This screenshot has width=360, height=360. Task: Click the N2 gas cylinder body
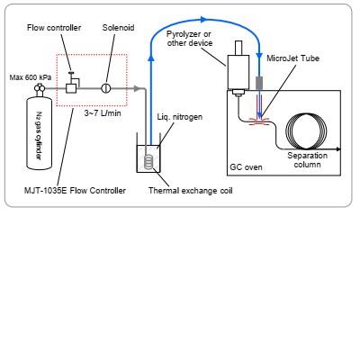pos(39,133)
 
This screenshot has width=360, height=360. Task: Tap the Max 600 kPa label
pos(31,77)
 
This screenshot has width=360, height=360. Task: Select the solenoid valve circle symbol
pos(105,88)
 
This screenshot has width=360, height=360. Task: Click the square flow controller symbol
pos(71,88)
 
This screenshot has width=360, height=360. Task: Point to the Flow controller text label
pos(54,28)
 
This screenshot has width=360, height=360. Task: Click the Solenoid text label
pos(118,28)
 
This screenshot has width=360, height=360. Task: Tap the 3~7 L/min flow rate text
pos(103,113)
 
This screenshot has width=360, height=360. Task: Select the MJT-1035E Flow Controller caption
pos(75,190)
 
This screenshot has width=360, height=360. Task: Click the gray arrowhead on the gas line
pos(137,88)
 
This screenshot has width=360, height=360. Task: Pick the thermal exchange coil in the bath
pos(148,161)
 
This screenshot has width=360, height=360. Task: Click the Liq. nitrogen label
pos(180,117)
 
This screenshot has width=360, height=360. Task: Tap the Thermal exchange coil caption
pos(191,191)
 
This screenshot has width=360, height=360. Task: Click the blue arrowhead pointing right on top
pos(203,20)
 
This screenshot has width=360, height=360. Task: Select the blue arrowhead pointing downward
pos(258,56)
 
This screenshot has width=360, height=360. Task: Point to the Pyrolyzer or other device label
pos(190,39)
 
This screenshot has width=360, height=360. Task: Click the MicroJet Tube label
pos(292,58)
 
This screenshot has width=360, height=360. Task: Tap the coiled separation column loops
pos(306,131)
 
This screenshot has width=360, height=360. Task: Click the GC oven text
pos(246,166)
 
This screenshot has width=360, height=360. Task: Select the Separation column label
pos(307,160)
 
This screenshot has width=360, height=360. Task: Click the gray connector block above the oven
pos(259,83)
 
